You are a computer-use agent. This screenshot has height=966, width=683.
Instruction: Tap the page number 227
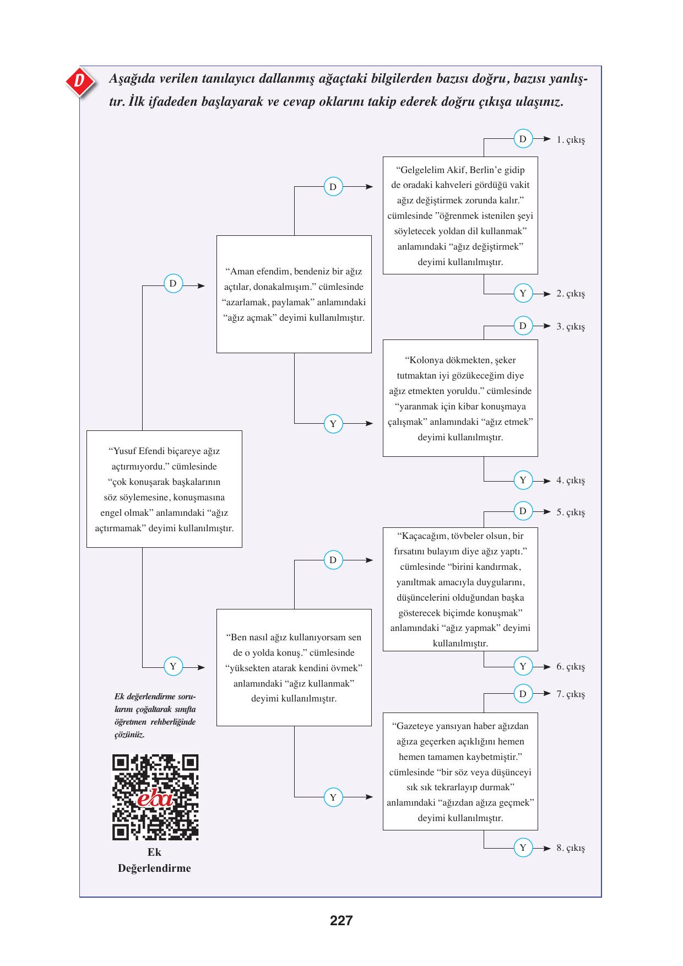[341, 920]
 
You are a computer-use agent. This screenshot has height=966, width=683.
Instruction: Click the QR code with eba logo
[155, 797]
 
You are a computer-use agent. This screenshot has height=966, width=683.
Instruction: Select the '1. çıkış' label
[570, 139]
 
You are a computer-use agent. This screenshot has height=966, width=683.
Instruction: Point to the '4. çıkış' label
[570, 480]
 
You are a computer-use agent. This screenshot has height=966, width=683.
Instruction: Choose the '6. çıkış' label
[570, 666]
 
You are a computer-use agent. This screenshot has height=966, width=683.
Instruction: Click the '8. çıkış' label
[570, 848]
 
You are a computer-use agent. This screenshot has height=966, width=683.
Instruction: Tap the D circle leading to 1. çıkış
[523, 139]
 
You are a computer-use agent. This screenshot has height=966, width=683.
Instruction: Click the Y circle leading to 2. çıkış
[523, 293]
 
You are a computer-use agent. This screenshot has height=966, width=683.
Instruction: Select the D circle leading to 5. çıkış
[523, 511]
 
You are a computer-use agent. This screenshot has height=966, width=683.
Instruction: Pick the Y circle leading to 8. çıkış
[523, 848]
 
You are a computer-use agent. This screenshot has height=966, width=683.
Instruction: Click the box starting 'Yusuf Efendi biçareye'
[164, 489]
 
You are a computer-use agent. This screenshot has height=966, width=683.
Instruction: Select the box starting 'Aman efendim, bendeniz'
[294, 294]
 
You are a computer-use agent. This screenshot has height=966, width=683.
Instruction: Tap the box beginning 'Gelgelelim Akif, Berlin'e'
[460, 215]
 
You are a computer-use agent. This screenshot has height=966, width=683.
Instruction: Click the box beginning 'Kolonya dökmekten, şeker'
[460, 398]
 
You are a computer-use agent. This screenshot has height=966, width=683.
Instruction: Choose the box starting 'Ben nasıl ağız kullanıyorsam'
[294, 667]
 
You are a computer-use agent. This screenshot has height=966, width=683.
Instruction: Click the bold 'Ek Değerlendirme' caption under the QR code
[154, 860]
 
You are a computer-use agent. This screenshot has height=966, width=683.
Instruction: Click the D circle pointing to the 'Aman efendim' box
[172, 284]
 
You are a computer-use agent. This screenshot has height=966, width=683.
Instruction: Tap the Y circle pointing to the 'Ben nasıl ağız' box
[172, 666]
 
